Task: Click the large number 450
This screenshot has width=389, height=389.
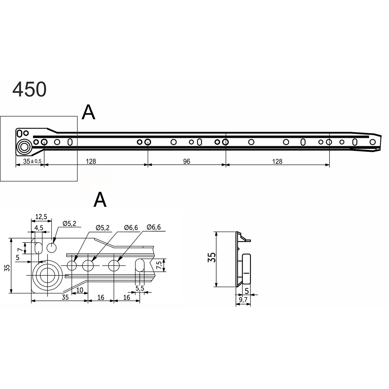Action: (29, 89)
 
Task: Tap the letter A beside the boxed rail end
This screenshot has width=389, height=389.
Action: (89, 113)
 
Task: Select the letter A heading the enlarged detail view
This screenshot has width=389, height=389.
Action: (100, 200)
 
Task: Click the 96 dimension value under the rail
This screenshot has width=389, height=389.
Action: (187, 161)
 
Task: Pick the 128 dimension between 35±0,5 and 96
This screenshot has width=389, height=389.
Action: (91, 161)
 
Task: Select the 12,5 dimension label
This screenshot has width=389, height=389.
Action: (41, 217)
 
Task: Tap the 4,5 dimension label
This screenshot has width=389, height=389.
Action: (39, 228)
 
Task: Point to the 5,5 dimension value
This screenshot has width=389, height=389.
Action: (140, 288)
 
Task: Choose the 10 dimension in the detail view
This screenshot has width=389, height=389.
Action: (79, 290)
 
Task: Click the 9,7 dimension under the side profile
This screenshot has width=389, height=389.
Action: (243, 300)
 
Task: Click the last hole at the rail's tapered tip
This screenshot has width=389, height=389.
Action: (373, 142)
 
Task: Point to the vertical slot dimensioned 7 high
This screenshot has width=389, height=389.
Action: (38, 247)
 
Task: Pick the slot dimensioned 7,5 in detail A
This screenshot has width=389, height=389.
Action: (139, 265)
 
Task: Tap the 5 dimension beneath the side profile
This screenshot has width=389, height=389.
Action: (246, 291)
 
